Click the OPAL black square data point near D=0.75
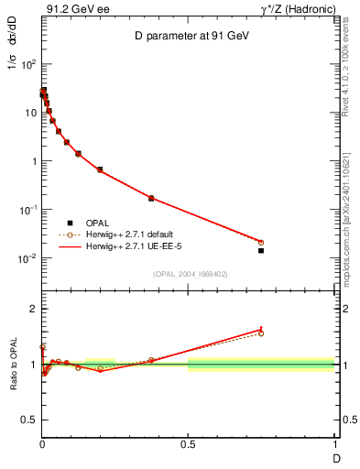(x=261, y=250)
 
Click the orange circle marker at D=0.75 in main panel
(x=261, y=242)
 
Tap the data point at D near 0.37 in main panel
(x=151, y=198)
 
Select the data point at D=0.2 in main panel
(x=100, y=169)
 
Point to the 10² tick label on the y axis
(x=27, y=65)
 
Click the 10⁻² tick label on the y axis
(x=27, y=258)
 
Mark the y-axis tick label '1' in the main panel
(x=33, y=161)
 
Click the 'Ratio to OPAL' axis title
(x=13, y=365)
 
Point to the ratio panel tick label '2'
(x=33, y=309)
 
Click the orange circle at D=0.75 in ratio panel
(x=261, y=333)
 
